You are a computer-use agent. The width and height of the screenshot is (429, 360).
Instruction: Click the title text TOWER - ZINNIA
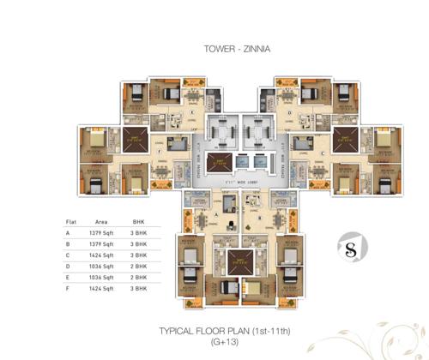(236, 50)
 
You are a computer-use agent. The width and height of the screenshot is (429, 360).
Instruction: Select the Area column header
(101, 221)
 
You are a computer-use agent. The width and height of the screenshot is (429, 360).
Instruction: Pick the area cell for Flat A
(101, 232)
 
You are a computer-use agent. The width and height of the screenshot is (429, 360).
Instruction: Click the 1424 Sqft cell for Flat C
(101, 255)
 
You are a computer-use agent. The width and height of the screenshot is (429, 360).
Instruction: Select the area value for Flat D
(101, 266)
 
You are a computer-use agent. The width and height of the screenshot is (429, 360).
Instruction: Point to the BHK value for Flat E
(140, 277)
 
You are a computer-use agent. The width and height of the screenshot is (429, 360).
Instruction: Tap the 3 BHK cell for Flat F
(140, 288)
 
